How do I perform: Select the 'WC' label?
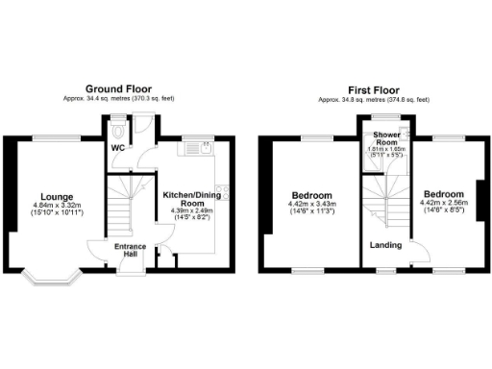[115, 149]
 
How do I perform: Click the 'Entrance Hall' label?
[132, 251]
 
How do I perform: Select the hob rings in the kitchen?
[222, 190]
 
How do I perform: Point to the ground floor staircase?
[122, 206]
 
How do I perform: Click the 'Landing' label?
[386, 244]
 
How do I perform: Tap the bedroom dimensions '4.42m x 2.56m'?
[442, 203]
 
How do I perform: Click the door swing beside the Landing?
[419, 254]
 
